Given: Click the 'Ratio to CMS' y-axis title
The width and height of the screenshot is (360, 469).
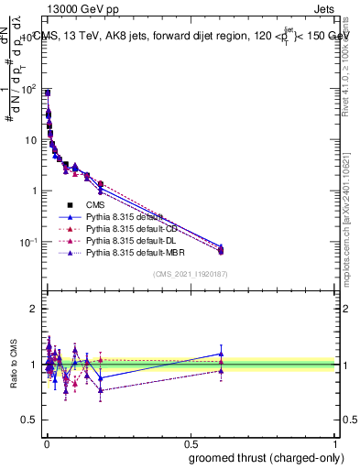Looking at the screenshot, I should click(13, 364).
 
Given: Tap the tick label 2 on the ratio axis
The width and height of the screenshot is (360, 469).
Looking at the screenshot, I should click(35, 309).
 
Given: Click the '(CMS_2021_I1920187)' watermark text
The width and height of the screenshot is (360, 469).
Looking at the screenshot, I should click(191, 274).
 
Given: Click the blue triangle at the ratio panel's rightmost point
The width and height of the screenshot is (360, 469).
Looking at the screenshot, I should click(221, 354).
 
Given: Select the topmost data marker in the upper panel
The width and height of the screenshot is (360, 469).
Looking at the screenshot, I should click(47, 93).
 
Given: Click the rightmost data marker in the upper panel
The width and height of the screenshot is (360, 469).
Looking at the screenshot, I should click(221, 250).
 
